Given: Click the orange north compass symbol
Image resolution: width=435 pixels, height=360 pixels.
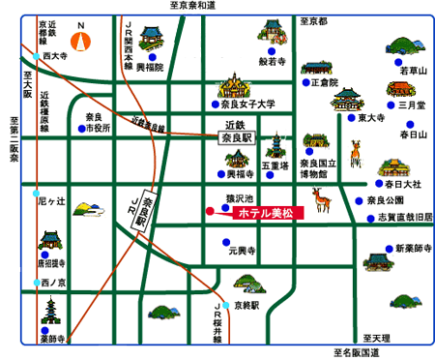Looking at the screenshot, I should click(84, 41).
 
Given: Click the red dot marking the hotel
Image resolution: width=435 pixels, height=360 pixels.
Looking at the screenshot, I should click(210, 210).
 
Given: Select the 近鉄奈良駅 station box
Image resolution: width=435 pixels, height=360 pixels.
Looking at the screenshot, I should click(236, 131).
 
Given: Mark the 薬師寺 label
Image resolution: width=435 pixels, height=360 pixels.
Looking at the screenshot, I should click(51, 340).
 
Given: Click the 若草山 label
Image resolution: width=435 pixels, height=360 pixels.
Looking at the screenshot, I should click(413, 71).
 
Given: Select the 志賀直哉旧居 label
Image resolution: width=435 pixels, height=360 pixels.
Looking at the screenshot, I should click(405, 217).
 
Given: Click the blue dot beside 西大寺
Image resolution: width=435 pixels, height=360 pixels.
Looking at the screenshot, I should click(37, 57).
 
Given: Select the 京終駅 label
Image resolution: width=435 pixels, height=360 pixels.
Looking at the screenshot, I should click(249, 304).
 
